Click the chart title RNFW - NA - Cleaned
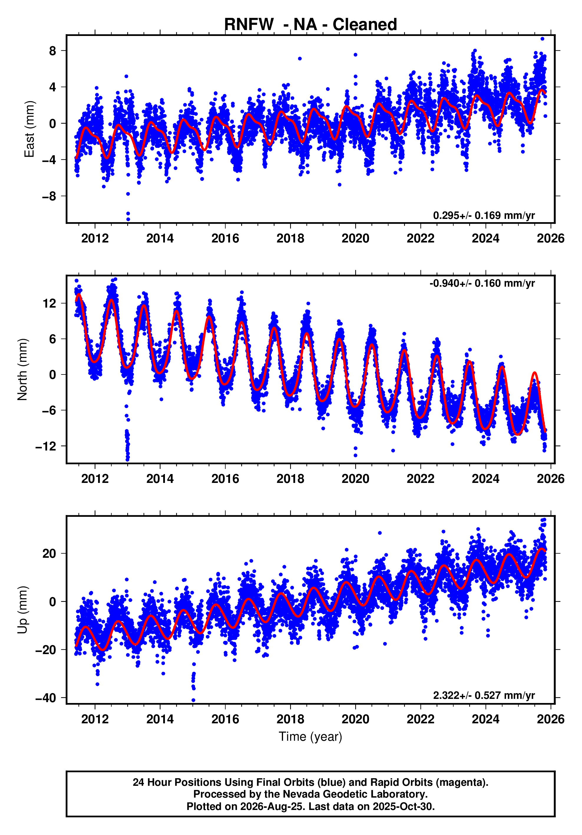(x=310, y=24)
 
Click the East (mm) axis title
(x=29, y=129)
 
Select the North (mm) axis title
(x=22, y=369)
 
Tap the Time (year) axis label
(x=310, y=736)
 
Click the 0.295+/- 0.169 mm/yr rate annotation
(x=484, y=215)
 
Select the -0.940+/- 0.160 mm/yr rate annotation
(x=482, y=283)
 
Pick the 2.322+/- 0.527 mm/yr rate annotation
(x=484, y=695)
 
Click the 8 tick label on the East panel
(x=53, y=51)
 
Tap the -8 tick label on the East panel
(x=49, y=197)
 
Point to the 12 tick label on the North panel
(x=49, y=303)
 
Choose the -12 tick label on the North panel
(x=46, y=446)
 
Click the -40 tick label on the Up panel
(x=46, y=698)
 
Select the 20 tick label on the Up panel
(x=49, y=554)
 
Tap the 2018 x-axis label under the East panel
(x=290, y=239)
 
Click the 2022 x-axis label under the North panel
(x=421, y=479)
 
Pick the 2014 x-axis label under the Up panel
(x=160, y=719)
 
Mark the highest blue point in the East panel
(x=542, y=39)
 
